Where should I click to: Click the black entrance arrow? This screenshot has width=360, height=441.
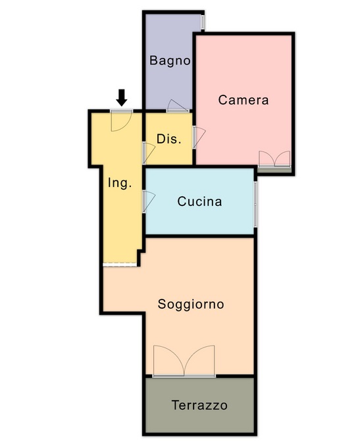point(122,97)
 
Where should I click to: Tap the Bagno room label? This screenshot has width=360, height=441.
point(170,61)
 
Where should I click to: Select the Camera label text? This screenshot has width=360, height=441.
point(244,100)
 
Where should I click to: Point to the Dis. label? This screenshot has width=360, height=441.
point(168,139)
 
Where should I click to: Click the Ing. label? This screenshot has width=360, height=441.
point(120,184)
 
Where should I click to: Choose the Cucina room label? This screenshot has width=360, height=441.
point(199,201)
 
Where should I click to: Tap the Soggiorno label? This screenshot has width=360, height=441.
point(191,304)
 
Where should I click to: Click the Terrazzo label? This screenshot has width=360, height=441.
point(199,405)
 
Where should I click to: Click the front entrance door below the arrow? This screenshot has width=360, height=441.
point(122,121)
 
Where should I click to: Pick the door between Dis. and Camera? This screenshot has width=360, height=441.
point(199,138)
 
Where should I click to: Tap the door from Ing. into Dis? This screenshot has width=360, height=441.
point(149,153)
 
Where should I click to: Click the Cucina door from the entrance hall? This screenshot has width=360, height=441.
point(149,201)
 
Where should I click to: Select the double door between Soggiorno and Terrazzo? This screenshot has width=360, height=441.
point(184,361)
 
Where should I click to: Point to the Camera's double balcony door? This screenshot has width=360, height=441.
point(274,159)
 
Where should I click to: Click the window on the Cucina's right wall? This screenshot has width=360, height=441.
point(255,204)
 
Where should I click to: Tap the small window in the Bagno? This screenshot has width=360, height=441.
point(203,22)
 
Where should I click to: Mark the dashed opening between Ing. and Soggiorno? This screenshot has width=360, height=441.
point(120,265)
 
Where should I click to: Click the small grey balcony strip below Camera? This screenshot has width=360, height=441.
point(274,170)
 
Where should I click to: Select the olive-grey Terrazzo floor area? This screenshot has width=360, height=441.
point(199,405)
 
